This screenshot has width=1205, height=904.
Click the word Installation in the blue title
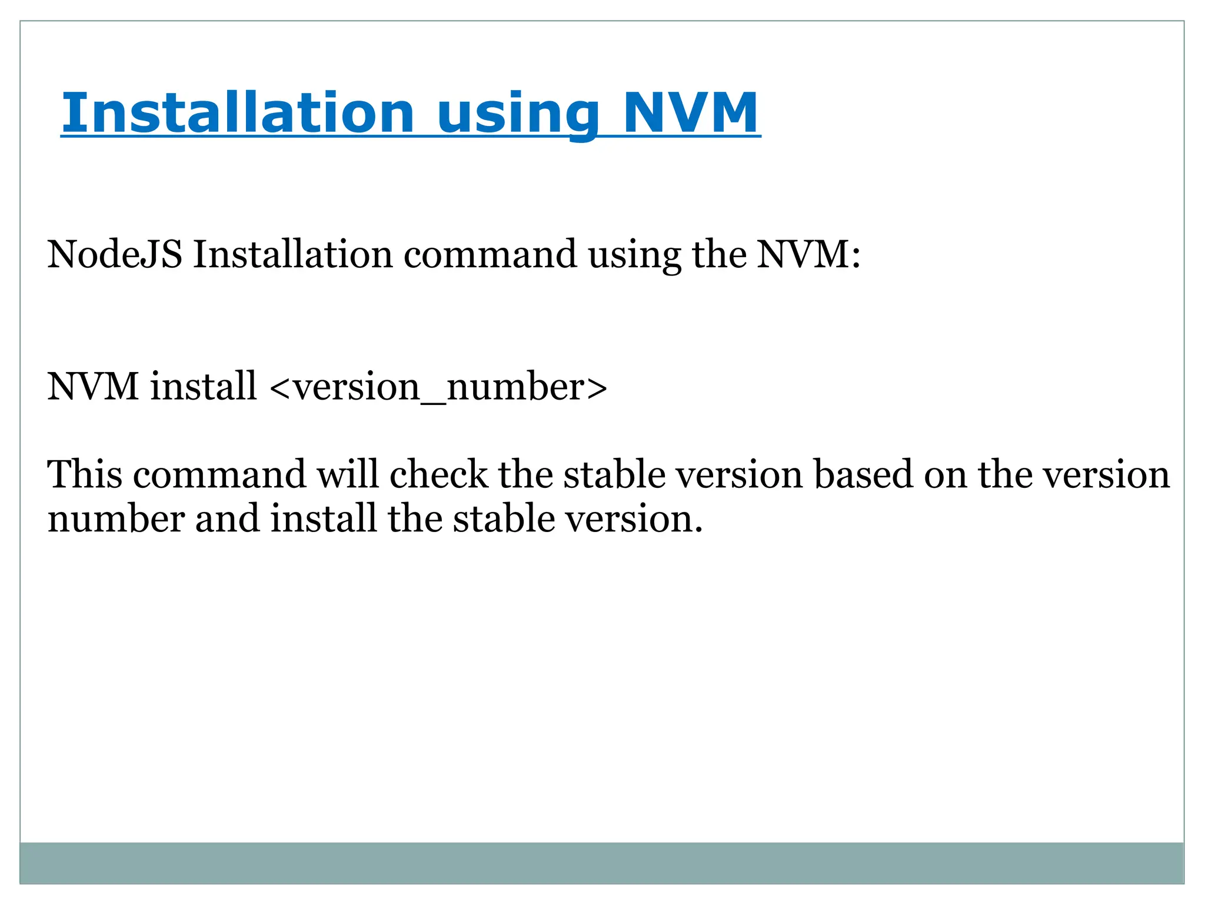coord(238,113)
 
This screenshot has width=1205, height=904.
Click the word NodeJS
coord(115,255)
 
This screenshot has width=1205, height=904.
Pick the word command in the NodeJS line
coord(490,255)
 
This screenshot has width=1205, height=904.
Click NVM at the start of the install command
coord(93,387)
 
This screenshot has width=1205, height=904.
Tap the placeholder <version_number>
coord(438,387)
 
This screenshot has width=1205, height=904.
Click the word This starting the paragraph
coord(85,474)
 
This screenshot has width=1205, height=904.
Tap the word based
coord(863,474)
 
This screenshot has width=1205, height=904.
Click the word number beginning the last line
coord(116,520)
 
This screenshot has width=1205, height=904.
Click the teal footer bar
coord(601,863)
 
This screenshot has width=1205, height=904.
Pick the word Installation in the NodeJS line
coord(292,255)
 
